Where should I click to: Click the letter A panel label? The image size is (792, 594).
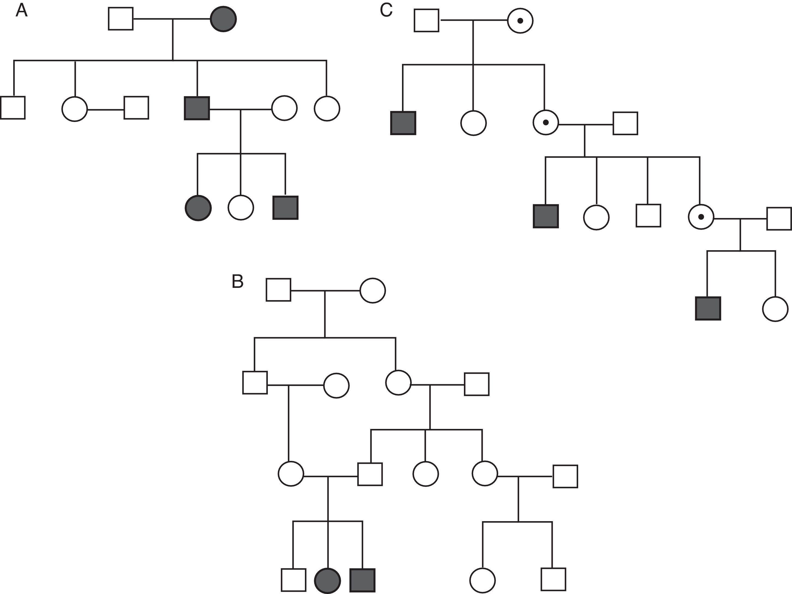coord(22,11)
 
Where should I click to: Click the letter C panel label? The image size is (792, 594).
coord(386,11)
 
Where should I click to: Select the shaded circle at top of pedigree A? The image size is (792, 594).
coord(223,19)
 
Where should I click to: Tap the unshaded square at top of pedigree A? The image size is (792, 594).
coord(121,19)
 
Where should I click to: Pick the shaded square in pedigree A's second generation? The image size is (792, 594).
coord(197,108)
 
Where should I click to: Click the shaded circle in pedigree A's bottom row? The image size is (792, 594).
coord(198,208)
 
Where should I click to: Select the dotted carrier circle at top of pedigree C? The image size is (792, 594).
coord(520,21)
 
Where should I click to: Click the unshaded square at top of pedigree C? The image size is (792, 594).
coord(427,20)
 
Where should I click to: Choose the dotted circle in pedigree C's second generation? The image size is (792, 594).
coord(546,123)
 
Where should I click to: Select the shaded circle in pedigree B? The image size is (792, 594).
coord(327,580)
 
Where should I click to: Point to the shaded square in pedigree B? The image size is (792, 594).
coord(363,580)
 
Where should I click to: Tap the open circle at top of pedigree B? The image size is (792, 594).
coord(373,291)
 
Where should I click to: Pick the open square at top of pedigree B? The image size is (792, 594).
coord(278,290)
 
